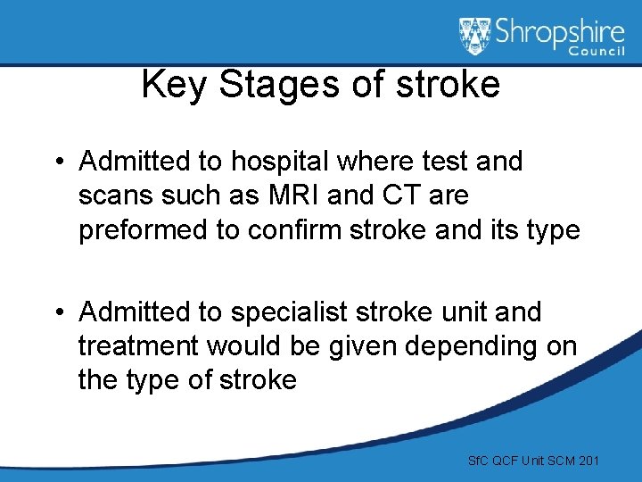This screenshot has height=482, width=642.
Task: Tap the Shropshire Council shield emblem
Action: tap(475, 37)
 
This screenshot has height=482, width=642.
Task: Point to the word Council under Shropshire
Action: tap(597, 53)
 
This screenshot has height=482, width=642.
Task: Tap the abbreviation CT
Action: tap(371, 195)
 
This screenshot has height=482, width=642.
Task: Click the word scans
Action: tap(111, 195)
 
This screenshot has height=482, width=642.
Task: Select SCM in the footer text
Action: tap(556, 461)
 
